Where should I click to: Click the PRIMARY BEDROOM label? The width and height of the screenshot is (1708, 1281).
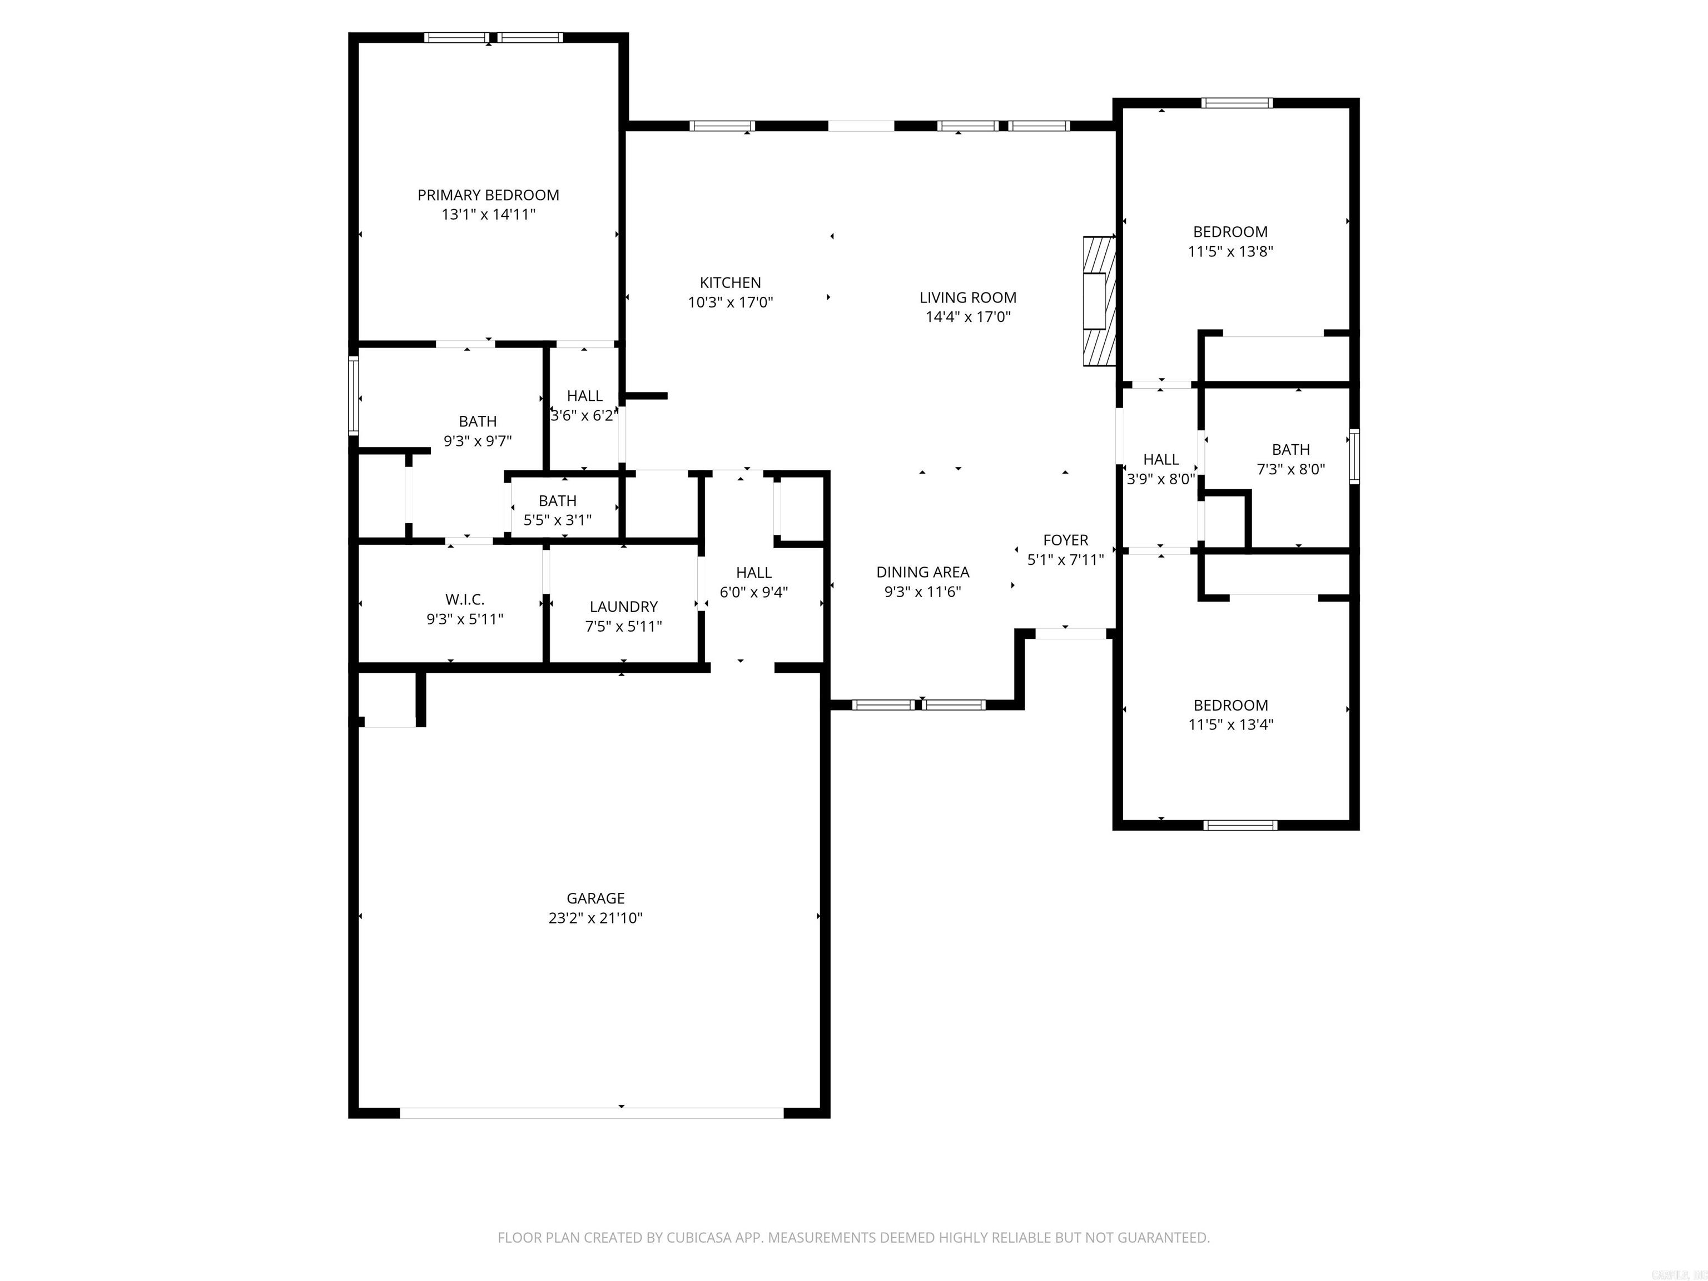point(488,195)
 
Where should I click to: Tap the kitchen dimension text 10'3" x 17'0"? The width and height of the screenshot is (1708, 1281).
point(731,302)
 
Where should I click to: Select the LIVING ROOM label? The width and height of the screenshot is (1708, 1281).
point(967,297)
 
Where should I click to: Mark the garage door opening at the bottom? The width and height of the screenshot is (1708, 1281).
point(592,1113)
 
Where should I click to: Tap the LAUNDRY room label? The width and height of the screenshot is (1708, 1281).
point(623,607)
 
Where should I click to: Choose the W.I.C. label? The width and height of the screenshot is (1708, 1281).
point(465,599)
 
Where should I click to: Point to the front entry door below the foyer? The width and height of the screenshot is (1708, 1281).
point(1070,633)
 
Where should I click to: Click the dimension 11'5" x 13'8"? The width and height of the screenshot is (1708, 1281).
point(1230,251)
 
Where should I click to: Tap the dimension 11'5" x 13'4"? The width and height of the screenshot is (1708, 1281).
point(1230,724)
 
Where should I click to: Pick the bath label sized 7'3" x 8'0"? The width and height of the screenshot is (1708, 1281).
point(1290,449)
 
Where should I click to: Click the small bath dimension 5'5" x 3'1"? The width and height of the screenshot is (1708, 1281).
point(558,520)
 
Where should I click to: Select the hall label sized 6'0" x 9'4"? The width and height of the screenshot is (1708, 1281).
point(753,572)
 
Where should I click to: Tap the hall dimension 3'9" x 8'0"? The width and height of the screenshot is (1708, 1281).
point(1160,479)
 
